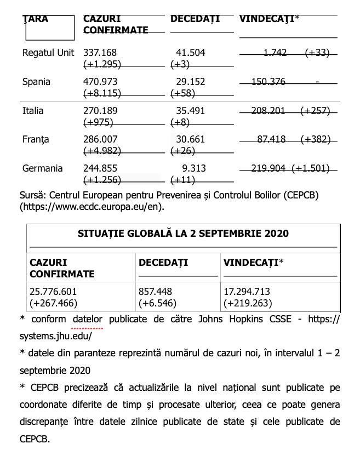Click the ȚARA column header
[x=36, y=19]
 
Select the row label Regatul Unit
[x=48, y=53]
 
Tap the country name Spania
[x=36, y=82]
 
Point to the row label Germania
[x=43, y=168]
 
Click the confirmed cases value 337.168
[x=100, y=53]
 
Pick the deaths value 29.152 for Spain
[x=190, y=82]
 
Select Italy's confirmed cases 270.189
[x=100, y=111]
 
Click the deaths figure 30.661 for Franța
[x=190, y=140]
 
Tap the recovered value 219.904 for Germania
[x=268, y=168]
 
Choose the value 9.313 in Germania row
[x=194, y=168]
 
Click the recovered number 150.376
[x=268, y=82]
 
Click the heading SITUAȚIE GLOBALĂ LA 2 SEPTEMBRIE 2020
[x=183, y=234]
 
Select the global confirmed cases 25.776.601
[x=53, y=292]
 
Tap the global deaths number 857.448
[x=155, y=292]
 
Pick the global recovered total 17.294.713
[x=247, y=292]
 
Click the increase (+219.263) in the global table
[x=248, y=303]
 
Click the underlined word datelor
[x=88, y=319]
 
